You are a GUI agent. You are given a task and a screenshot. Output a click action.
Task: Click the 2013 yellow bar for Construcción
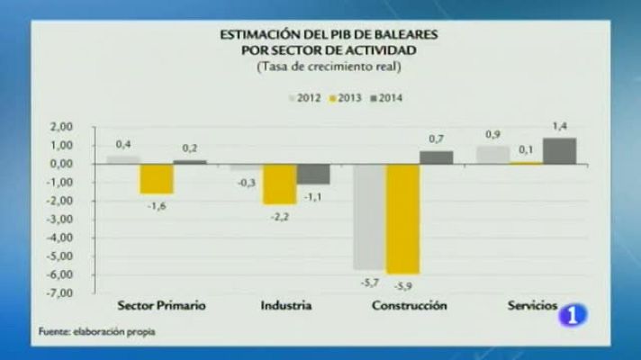pyautogui.click(x=402, y=219)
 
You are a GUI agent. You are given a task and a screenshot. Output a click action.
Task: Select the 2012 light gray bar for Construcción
pyautogui.click(x=369, y=217)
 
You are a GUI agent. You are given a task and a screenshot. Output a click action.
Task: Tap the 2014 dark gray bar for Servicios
pyautogui.click(x=559, y=151)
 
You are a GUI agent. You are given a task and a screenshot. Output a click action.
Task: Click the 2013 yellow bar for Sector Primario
pyautogui.click(x=157, y=178)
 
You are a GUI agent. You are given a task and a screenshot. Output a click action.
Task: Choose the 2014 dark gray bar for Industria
pyautogui.click(x=312, y=174)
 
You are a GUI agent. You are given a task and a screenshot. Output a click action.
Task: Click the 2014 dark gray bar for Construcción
pyautogui.click(x=436, y=157)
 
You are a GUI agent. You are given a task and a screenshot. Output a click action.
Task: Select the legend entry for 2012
pyautogui.click(x=306, y=95)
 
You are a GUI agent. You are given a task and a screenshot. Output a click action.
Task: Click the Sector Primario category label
pyautogui.click(x=162, y=306)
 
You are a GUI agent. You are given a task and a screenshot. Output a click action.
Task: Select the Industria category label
pyautogui.click(x=286, y=306)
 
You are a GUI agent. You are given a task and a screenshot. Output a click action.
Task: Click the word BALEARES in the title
pyautogui.click(x=403, y=34)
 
